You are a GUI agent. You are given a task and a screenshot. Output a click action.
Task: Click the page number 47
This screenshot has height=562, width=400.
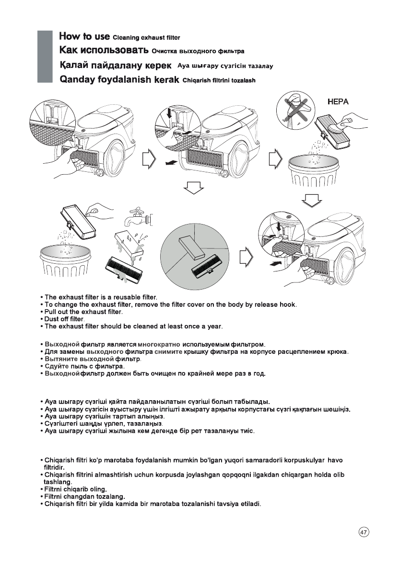(364, 532)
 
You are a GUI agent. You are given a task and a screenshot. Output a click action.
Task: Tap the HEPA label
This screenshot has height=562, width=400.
(337, 102)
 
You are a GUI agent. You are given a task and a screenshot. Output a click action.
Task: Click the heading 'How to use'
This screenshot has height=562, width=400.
(84, 36)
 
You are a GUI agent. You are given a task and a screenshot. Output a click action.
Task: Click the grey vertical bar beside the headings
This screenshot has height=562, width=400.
(44, 57)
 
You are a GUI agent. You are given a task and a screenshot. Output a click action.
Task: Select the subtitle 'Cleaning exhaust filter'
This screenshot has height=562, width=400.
(146, 38)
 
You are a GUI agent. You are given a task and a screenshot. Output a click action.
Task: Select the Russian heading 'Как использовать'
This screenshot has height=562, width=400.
(104, 50)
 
